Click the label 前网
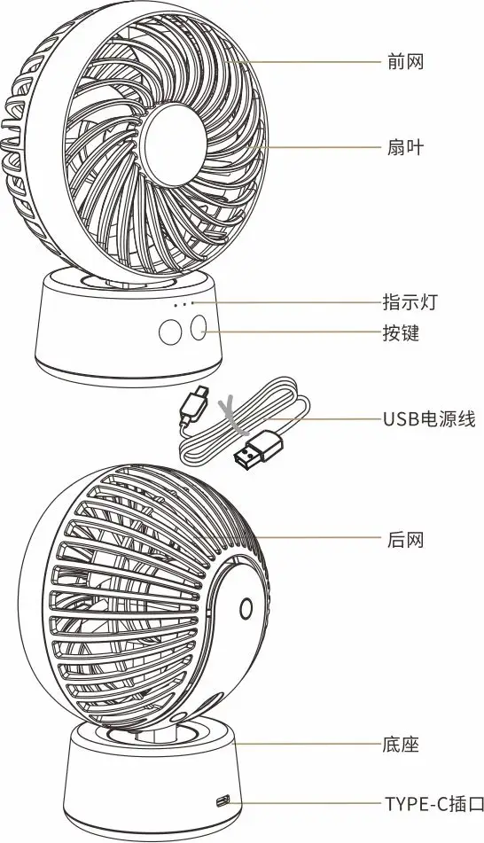[405, 62]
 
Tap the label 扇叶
[405, 147]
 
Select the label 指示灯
[410, 302]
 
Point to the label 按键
[401, 332]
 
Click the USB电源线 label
[429, 418]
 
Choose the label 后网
[405, 539]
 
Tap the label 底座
[401, 745]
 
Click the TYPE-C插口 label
[434, 804]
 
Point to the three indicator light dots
[183, 304]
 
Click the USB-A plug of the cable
[258, 448]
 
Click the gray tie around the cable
[231, 415]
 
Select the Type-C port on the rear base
[222, 801]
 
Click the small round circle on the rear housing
[246, 609]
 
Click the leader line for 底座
[308, 744]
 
